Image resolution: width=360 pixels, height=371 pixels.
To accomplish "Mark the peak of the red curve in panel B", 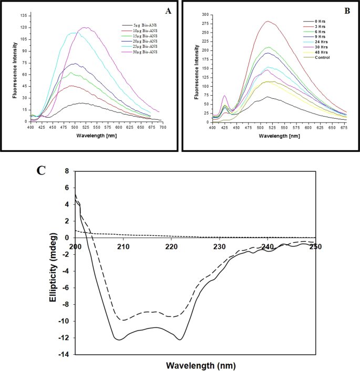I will coord(269,22).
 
